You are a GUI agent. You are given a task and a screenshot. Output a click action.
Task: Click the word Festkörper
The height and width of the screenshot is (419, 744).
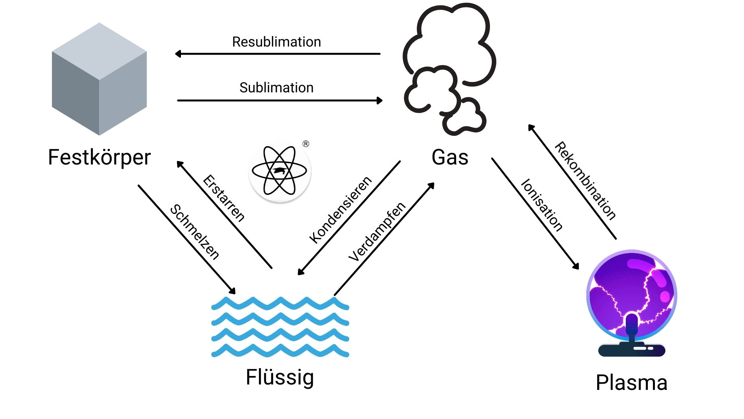coord(99,157)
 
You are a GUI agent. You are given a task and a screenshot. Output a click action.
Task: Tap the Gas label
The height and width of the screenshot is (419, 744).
coord(450,157)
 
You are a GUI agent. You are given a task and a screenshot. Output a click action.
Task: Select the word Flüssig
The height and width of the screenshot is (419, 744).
coord(280,377)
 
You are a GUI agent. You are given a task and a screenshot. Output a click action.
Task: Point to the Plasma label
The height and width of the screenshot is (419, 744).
coord(632,383)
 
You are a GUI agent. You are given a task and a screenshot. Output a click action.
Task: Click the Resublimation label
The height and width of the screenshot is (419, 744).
coord(276,42)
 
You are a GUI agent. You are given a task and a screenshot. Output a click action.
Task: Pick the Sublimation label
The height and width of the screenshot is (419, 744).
coord(276,88)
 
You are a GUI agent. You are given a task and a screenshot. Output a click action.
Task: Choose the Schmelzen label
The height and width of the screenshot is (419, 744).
coord(195,232)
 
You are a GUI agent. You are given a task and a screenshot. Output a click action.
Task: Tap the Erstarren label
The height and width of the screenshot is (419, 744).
coord(224,198)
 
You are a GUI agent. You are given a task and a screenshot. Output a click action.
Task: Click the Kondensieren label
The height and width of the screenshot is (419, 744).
coord(340,210)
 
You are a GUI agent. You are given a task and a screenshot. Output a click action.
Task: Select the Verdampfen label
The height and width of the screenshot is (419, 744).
coord(377,232)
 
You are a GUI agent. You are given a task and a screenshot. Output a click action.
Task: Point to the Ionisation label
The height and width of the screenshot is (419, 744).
coord(542,205)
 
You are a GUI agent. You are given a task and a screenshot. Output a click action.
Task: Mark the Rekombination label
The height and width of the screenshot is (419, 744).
coord(585,181)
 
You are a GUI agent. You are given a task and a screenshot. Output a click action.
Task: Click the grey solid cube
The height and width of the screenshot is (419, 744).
coord(99,79)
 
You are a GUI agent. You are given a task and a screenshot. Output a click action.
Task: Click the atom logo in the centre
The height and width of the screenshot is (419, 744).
coord(279,171)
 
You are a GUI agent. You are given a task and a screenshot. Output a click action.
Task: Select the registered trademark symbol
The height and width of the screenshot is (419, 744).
coord(306,144)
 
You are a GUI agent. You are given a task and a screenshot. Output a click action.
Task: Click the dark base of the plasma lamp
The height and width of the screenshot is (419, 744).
coord(632,350)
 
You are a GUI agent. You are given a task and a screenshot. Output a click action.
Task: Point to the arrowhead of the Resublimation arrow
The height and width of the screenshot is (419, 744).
coord(178,54)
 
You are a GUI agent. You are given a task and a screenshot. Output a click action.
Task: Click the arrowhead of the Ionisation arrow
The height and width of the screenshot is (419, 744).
coord(576,266)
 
